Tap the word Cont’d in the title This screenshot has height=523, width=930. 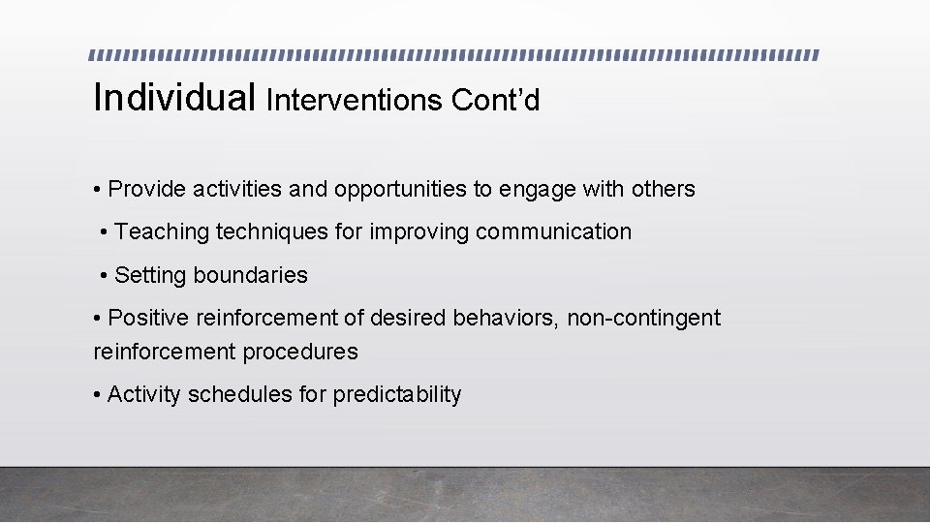[495, 100]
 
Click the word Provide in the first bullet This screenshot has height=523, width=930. [147, 189]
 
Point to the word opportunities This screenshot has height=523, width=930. [400, 189]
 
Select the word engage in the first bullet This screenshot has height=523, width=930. [537, 190]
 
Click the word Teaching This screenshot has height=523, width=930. [162, 231]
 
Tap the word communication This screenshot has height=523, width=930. [553, 231]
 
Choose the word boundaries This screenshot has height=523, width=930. [250, 275]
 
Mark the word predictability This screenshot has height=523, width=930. [397, 395]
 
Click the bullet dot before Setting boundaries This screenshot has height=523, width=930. [104, 276]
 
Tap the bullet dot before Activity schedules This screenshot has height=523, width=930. [97, 395]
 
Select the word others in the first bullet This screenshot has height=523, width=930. [665, 189]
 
